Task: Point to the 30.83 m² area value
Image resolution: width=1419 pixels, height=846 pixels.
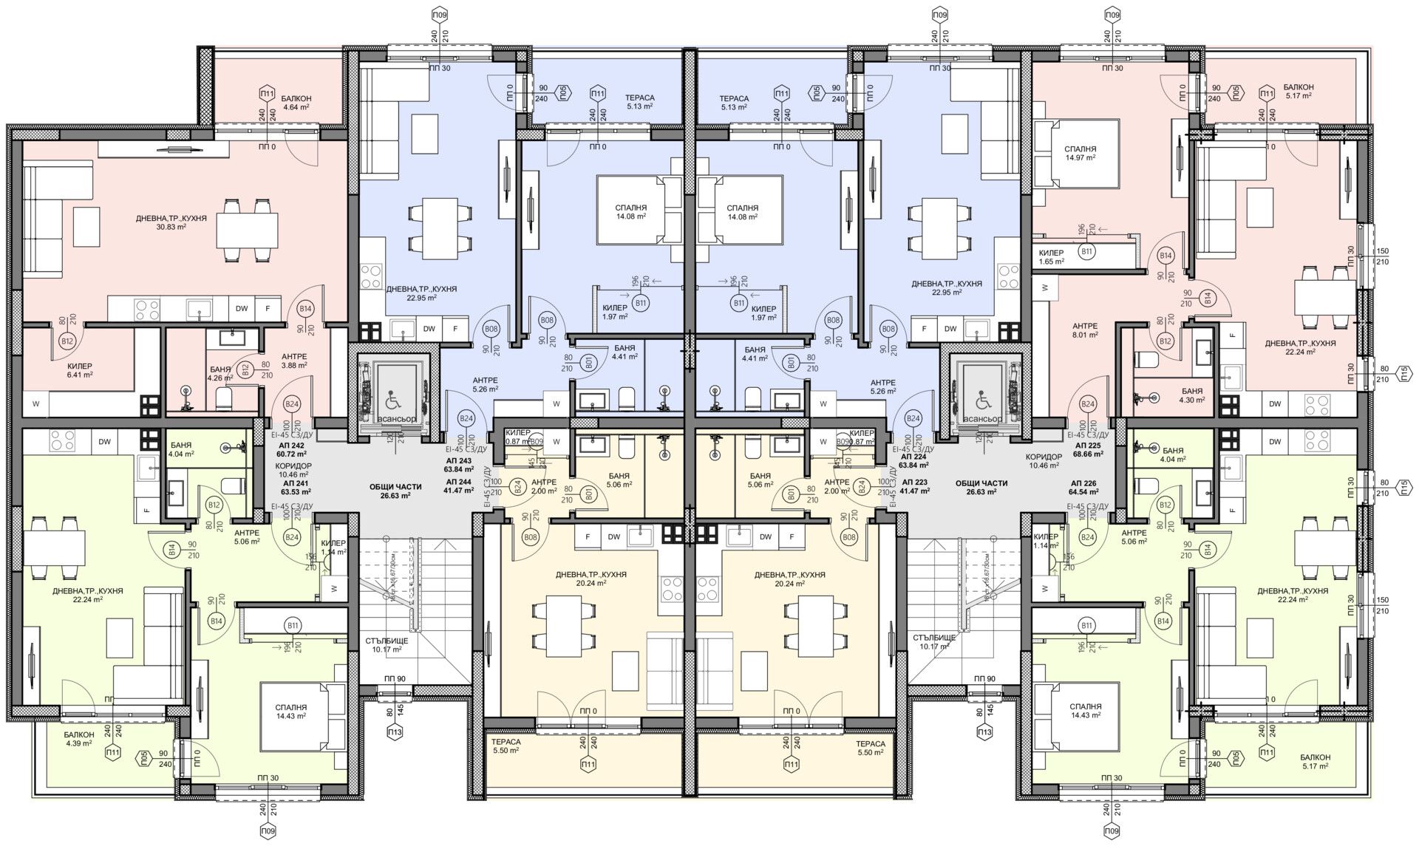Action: pyautogui.click(x=171, y=228)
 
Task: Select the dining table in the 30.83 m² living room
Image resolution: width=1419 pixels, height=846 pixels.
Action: pyautogui.click(x=247, y=231)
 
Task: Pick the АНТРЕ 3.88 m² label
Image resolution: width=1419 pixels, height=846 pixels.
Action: pyautogui.click(x=294, y=361)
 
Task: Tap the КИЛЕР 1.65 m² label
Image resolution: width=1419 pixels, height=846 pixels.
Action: pyautogui.click(x=1051, y=257)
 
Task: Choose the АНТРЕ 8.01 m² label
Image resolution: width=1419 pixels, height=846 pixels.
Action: pyautogui.click(x=1084, y=330)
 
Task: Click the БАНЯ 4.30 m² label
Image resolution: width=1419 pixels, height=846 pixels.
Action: pyautogui.click(x=1191, y=395)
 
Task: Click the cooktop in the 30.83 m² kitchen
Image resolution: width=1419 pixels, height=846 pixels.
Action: pyautogui.click(x=145, y=308)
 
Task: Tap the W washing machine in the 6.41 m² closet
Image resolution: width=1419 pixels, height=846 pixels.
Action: pyautogui.click(x=35, y=403)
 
